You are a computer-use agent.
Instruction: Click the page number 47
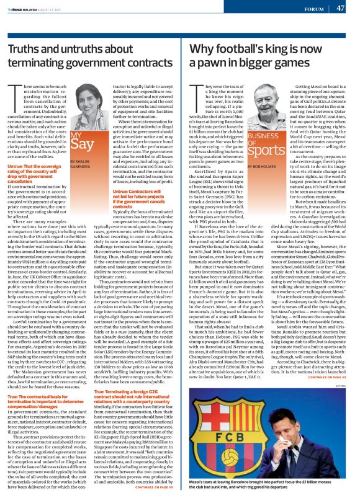click(x=340, y=8)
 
